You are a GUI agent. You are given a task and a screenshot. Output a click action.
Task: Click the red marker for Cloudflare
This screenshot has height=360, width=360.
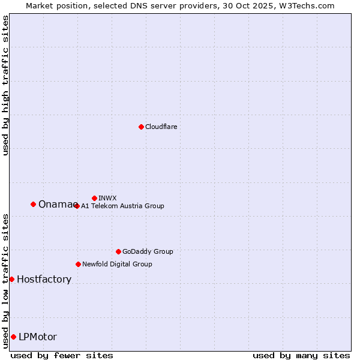click(141, 127)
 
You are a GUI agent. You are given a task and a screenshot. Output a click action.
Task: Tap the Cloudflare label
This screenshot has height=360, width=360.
click(161, 127)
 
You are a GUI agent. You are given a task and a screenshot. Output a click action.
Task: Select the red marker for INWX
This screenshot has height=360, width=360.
click(94, 198)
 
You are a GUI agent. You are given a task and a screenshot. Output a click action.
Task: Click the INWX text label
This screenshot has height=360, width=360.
click(107, 198)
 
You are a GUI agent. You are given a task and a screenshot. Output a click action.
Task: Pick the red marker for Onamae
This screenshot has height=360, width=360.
click(33, 204)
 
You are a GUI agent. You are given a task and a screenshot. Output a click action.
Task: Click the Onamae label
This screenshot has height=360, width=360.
click(56, 205)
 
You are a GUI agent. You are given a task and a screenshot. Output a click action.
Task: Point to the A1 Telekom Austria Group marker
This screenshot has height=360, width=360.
click(77, 206)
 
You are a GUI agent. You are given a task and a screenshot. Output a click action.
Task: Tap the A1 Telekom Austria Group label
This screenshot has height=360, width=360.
click(122, 206)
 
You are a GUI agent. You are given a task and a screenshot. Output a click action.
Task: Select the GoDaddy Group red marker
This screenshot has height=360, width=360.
click(118, 251)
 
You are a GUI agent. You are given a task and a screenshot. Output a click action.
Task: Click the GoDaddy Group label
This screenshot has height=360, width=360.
click(148, 251)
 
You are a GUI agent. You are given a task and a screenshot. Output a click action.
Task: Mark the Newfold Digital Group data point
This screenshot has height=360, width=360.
click(78, 264)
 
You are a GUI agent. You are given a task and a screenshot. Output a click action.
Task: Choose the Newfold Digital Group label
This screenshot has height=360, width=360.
click(117, 264)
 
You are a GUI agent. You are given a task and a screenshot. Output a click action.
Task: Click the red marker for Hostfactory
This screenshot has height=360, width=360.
click(11, 279)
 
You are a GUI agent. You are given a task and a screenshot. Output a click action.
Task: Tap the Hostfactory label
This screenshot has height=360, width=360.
click(44, 280)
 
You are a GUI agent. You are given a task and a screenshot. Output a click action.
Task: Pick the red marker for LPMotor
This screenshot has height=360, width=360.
click(13, 337)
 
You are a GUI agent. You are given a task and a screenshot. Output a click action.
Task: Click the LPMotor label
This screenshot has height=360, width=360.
click(38, 337)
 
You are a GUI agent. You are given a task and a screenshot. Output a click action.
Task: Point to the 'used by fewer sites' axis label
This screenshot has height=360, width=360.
click(62, 355)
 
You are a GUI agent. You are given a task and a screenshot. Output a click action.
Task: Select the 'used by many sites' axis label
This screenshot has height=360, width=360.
click(301, 355)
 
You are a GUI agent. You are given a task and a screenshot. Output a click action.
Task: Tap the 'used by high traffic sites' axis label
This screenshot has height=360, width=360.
click(5, 85)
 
